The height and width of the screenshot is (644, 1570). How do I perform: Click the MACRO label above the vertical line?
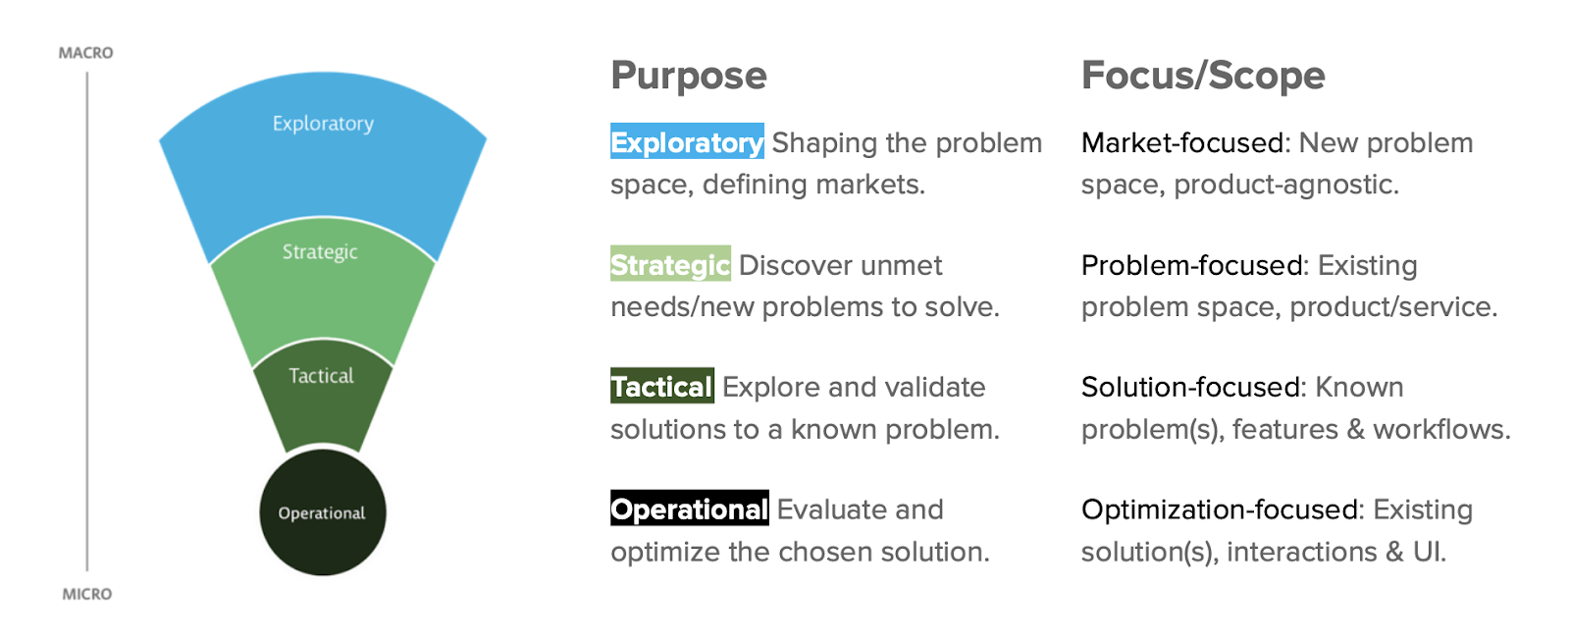[x=85, y=53]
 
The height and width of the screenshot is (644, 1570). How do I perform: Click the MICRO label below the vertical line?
[x=86, y=594]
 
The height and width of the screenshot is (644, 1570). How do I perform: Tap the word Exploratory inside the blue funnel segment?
[x=323, y=124]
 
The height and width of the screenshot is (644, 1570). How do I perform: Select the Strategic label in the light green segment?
[x=320, y=252]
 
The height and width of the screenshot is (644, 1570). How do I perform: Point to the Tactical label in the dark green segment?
[x=321, y=376]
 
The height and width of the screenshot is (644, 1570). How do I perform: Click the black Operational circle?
[x=322, y=512]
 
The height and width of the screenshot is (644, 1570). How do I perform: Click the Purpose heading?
[x=688, y=76]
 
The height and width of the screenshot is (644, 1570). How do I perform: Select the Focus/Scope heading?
[x=1202, y=76]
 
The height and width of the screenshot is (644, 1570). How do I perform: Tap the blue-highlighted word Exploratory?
[x=687, y=142]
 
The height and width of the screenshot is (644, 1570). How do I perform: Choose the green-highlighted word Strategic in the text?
[x=670, y=265]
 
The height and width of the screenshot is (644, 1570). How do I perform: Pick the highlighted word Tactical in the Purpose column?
[x=661, y=387]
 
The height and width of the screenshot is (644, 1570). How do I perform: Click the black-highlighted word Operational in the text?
[x=689, y=510]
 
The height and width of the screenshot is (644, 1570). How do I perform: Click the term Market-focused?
[x=1182, y=143]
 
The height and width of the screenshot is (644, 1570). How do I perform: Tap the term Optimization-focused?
[x=1222, y=510]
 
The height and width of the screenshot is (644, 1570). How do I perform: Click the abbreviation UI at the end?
[x=1429, y=552]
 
